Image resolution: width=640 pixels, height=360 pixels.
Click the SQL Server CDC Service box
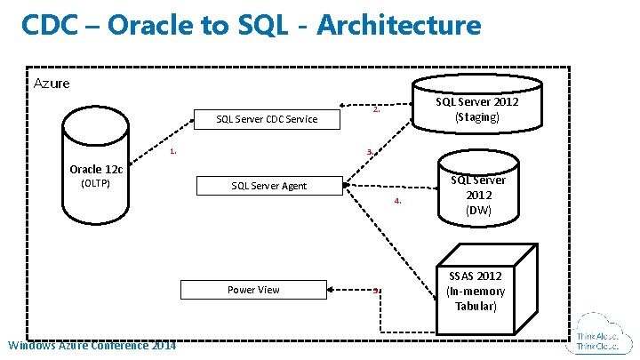pos(268,119)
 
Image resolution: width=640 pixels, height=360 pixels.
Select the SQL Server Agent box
pos(268,186)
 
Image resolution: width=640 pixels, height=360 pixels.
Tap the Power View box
pos(253,290)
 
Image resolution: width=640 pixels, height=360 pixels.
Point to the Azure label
pos(52,84)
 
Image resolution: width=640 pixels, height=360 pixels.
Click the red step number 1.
pos(173,151)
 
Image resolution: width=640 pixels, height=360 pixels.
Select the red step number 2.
pos(377,110)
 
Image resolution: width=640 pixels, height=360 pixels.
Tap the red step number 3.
pos(370,152)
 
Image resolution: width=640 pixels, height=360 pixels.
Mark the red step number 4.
pos(398,201)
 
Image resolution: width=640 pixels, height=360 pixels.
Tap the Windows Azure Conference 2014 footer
pos(91,345)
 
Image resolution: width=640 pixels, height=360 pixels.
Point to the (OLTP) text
pos(95,184)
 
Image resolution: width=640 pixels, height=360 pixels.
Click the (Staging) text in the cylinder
pos(477,117)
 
